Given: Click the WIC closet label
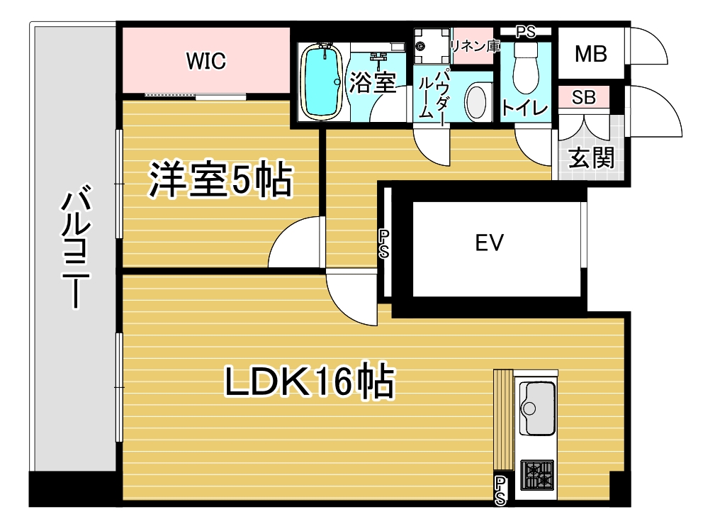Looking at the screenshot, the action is click(x=206, y=61).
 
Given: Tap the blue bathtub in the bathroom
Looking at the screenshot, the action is click(x=322, y=82).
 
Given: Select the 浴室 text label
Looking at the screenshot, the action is click(x=373, y=83).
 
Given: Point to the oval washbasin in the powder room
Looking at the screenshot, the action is click(x=478, y=102).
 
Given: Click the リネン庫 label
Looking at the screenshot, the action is click(x=475, y=46).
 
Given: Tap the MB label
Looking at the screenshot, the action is click(x=590, y=54).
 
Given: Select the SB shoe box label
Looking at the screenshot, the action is click(x=584, y=97).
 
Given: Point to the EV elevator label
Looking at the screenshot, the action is click(x=489, y=243).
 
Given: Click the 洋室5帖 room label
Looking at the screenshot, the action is click(x=220, y=180).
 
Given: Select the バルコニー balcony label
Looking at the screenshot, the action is click(x=76, y=246).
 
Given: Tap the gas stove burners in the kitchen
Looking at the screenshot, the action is click(x=538, y=474).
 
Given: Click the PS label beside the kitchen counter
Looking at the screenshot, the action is click(x=500, y=491).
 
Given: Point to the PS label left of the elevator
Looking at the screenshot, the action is click(x=384, y=244).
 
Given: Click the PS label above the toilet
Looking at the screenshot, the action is click(x=525, y=32).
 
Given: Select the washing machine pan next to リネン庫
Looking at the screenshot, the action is click(x=432, y=45).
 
